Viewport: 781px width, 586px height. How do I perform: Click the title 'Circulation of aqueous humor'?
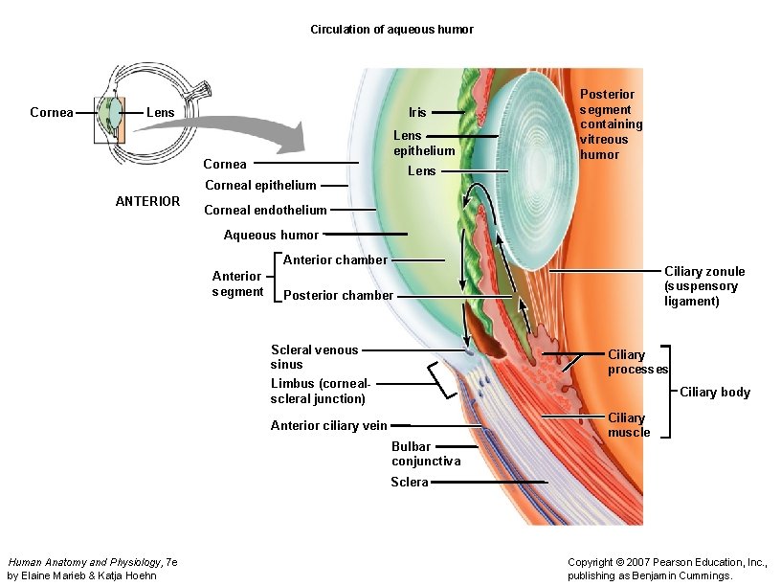pos(391,30)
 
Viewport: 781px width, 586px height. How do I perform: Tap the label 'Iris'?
pos(417,112)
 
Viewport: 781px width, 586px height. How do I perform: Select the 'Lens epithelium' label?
pos(424,143)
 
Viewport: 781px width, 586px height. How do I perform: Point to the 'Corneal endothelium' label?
pos(265,210)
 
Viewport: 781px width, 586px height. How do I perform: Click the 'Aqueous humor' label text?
pos(271,235)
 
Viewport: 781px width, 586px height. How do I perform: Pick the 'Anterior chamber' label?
pos(335,259)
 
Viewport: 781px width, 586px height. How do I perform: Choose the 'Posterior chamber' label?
pos(338,295)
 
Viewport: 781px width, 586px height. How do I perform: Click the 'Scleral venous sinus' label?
pos(314,357)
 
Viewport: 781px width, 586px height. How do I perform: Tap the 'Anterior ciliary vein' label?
pos(328,425)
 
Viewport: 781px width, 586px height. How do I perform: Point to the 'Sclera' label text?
pos(409,482)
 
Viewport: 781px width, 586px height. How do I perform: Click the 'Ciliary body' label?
pos(715,392)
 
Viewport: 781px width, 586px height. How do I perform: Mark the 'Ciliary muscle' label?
pos(628,425)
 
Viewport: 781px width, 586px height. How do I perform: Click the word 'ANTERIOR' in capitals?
pos(147,201)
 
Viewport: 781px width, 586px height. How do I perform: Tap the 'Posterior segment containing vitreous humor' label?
pos(611,124)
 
